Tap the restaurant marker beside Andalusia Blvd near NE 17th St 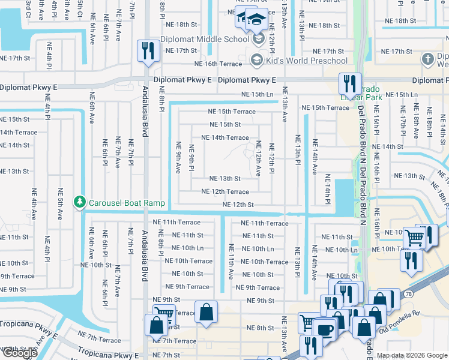[147, 51]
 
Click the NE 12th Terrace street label [225, 192]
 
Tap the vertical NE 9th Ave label [178, 157]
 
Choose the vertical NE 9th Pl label [191, 157]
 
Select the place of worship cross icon [427, 59]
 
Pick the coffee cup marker [325, 331]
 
